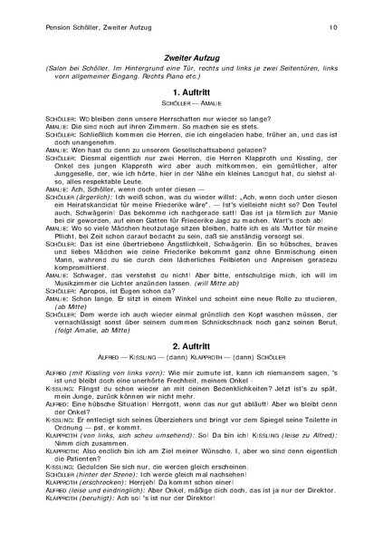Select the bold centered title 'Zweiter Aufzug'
click(191, 56)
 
